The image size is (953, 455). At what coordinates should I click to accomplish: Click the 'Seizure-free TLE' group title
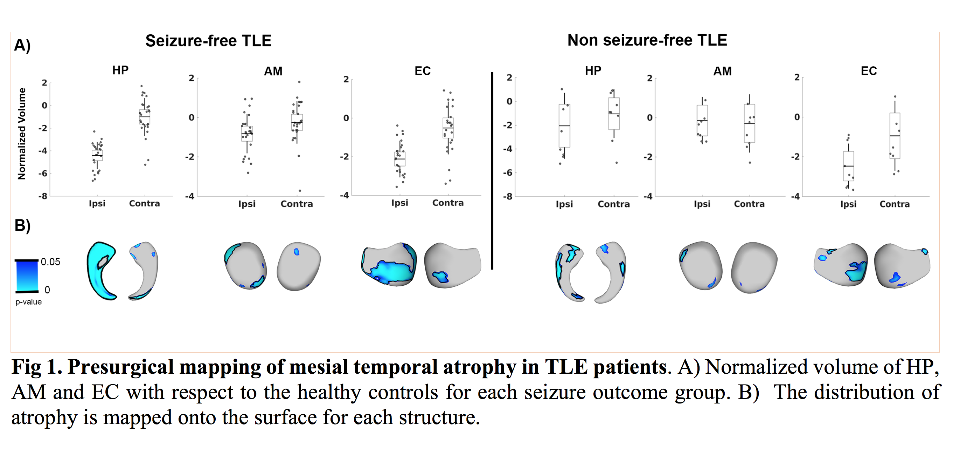point(208,41)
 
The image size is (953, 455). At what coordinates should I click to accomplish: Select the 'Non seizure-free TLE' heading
point(647,40)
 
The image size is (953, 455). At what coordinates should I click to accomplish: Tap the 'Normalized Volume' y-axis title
point(22,134)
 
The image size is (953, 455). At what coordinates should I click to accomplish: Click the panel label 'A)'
point(22,46)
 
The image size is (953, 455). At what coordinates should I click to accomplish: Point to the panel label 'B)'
point(22,225)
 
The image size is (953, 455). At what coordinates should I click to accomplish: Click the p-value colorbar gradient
point(27,276)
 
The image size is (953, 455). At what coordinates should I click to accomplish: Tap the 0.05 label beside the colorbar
point(50,262)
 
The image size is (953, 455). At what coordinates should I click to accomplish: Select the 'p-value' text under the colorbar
point(28,302)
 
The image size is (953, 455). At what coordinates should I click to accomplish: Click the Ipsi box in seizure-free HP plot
point(97,155)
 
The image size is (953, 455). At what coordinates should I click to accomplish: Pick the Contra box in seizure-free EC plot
point(448,128)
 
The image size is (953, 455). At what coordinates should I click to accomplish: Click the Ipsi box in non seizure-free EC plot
point(848,166)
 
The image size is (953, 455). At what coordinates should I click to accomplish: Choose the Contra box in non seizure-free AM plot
point(750,123)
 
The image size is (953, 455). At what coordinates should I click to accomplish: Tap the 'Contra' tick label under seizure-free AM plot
point(297,204)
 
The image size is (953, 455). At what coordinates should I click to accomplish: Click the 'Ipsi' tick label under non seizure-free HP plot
point(564,204)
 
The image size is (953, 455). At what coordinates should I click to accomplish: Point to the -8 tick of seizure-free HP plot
point(43,196)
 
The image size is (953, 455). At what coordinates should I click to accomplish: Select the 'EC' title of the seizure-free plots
point(423,71)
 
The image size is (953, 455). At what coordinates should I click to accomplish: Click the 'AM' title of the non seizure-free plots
point(722,71)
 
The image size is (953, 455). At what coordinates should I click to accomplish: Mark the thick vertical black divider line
point(492,170)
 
